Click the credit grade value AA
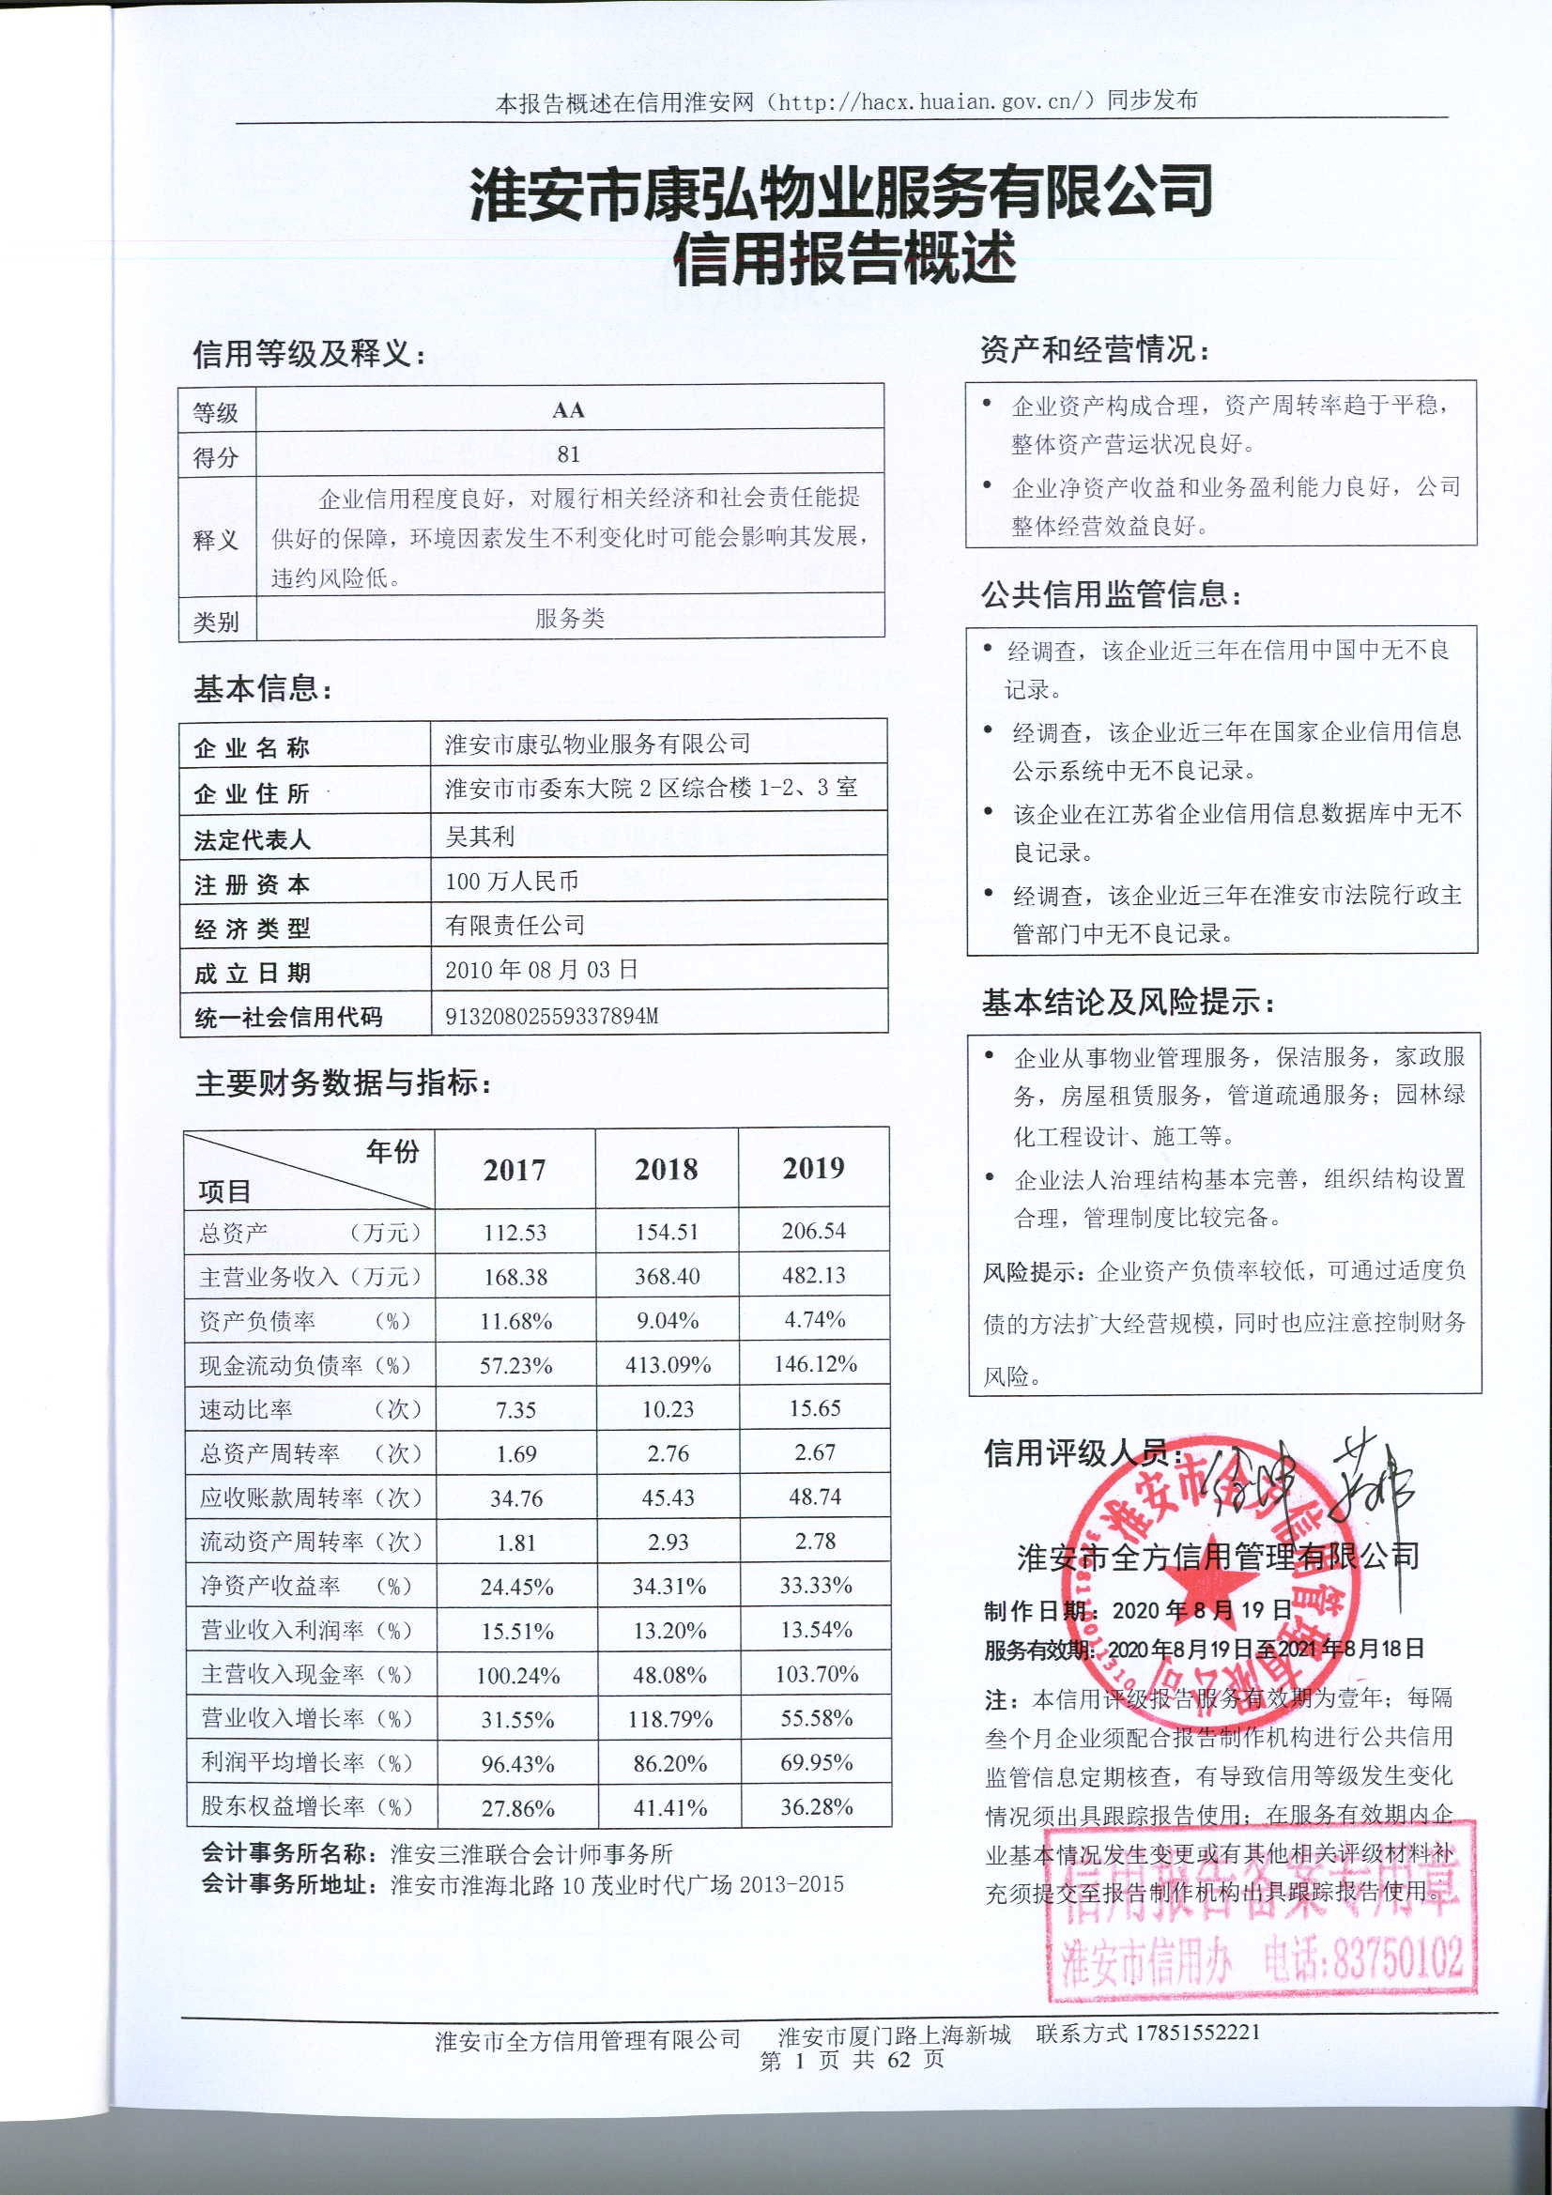[x=568, y=410]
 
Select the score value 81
[x=569, y=454]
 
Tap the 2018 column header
[x=667, y=1168]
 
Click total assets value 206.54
[x=814, y=1231]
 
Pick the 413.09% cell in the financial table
[x=668, y=1364]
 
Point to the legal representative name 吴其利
[x=480, y=837]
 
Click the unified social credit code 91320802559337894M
[x=552, y=1015]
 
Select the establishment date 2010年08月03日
[x=541, y=970]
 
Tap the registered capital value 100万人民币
[x=513, y=881]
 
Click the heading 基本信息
[x=263, y=688]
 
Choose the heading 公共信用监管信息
[x=1111, y=594]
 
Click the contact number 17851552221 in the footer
[x=1198, y=2032]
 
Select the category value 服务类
[x=570, y=619]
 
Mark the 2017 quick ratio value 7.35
[x=515, y=1409]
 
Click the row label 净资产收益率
[x=270, y=1586]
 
